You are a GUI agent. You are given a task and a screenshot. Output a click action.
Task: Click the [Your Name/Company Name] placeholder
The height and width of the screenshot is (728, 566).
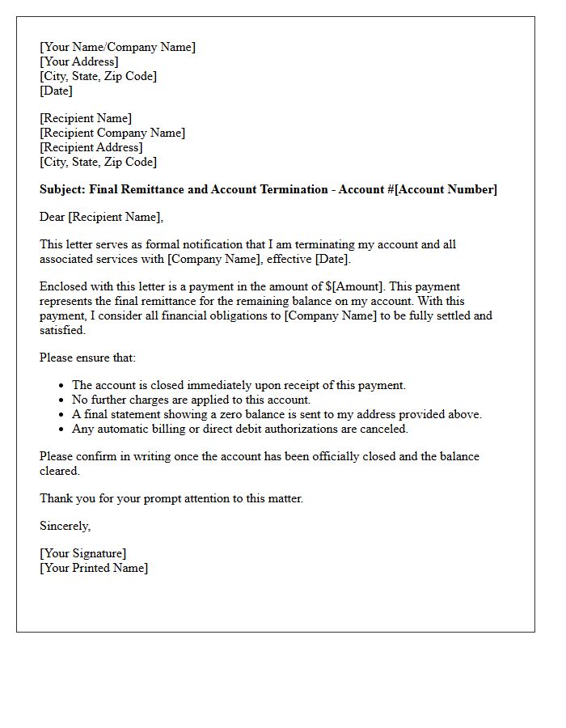(117, 47)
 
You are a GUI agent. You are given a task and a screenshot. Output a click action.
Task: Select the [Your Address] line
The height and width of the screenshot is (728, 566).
(79, 61)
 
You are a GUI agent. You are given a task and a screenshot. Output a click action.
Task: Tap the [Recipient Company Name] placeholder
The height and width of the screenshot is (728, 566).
(112, 133)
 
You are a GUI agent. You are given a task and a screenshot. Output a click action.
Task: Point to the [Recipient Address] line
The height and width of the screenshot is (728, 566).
(91, 147)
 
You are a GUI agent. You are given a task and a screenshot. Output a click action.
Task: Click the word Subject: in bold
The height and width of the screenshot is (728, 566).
(63, 189)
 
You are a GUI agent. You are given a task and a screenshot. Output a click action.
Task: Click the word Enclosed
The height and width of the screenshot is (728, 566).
(65, 286)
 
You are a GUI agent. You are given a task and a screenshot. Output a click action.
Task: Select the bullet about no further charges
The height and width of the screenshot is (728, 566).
(191, 400)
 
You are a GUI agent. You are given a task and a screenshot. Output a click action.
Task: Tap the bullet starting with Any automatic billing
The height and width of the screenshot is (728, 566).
(240, 429)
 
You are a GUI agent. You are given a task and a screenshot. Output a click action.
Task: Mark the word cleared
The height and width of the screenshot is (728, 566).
(59, 471)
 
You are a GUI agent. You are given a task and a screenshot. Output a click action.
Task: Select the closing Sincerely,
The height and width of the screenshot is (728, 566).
(65, 526)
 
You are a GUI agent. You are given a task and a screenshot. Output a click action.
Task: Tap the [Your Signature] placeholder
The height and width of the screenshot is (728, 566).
(83, 553)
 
